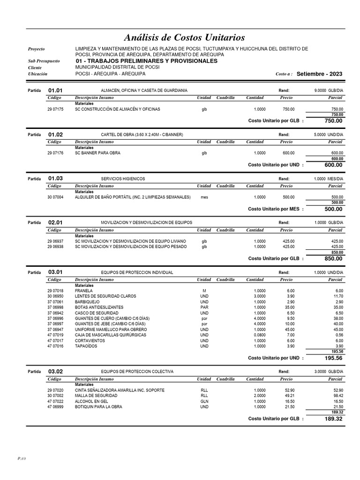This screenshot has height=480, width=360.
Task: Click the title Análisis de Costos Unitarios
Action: (x=184, y=37)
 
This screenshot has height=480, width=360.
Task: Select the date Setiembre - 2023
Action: (x=319, y=74)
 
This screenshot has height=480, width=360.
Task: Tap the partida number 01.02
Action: (x=55, y=135)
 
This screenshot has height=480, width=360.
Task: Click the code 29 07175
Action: (x=56, y=109)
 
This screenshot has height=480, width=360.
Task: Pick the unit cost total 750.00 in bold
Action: (x=333, y=121)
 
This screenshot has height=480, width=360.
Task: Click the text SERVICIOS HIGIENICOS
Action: (x=123, y=179)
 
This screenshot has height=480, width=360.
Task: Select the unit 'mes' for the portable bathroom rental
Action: (x=204, y=197)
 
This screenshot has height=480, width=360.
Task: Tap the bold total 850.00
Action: (x=333, y=258)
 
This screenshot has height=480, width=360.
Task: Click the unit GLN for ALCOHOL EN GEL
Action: (x=204, y=401)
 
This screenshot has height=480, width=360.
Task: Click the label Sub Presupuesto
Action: (x=44, y=61)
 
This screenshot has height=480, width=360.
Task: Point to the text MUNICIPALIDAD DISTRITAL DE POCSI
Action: (x=117, y=67)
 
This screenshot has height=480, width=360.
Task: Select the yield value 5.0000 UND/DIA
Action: (x=328, y=135)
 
